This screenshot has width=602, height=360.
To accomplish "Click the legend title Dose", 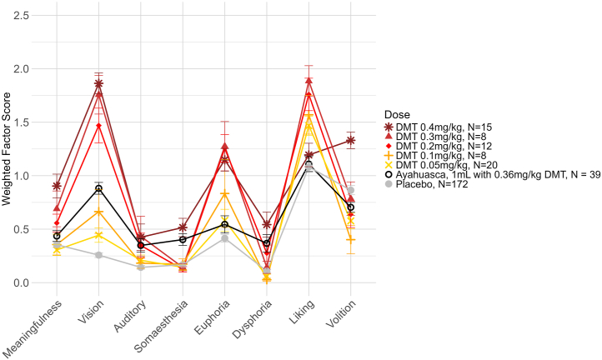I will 397,113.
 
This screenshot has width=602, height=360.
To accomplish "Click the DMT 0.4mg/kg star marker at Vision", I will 98,83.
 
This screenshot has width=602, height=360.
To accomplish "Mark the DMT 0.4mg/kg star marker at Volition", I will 350,140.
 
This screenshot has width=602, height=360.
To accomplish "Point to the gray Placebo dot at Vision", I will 98,255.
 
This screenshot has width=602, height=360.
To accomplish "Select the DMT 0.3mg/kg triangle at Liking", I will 309,81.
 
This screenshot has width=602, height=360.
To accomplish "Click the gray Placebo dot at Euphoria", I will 224,238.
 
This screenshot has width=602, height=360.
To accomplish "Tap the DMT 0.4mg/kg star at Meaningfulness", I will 57,186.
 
